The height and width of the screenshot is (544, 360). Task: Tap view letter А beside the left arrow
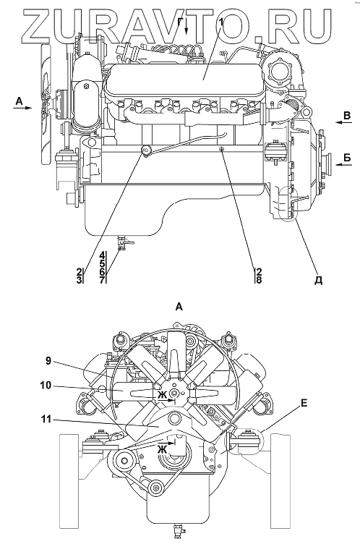tap(20, 101)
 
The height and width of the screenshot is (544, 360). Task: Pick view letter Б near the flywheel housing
tap(347, 158)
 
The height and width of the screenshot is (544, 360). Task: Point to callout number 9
tap(48, 361)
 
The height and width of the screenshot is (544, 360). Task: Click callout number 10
tap(46, 386)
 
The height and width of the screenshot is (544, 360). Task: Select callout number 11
tap(46, 420)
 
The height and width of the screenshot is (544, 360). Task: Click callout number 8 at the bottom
tap(259, 280)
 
